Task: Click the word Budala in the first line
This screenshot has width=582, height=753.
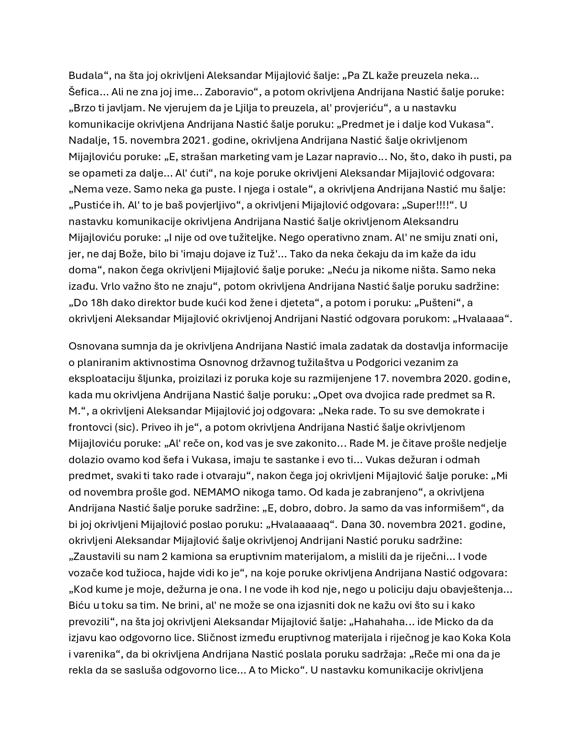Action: [x=85, y=75]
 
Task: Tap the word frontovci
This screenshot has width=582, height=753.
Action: [x=91, y=428]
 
